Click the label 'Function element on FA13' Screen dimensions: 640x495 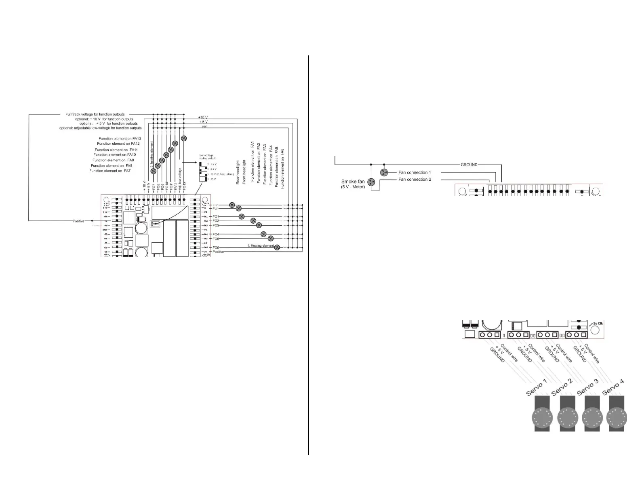(120, 139)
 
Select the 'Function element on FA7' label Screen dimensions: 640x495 (110, 171)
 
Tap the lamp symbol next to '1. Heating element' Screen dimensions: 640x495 (277, 247)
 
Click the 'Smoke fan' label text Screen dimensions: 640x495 (354, 182)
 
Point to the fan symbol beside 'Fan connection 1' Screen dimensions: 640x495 (384, 173)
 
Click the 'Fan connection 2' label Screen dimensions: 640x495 (415, 180)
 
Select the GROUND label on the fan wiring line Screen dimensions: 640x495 (469, 165)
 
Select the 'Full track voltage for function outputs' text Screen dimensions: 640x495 (95, 114)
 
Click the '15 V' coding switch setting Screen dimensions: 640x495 (213, 179)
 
